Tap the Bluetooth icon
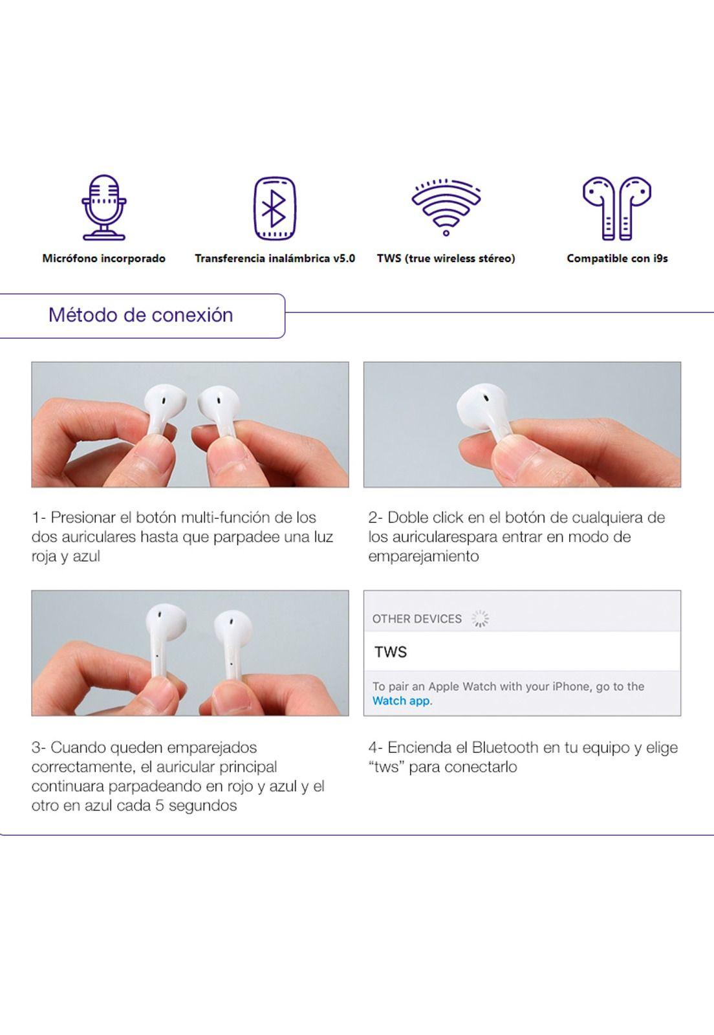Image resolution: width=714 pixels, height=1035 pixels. (x=274, y=208)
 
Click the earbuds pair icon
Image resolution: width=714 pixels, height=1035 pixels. (x=616, y=208)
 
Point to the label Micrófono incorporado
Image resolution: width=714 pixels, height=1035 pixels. (x=103, y=258)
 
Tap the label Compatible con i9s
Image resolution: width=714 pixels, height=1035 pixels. (x=617, y=258)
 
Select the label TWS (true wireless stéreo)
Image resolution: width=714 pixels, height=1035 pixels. (x=446, y=258)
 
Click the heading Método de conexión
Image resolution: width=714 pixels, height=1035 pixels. (x=140, y=315)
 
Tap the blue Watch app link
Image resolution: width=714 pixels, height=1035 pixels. (x=401, y=701)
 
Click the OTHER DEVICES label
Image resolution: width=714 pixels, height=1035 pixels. (x=416, y=619)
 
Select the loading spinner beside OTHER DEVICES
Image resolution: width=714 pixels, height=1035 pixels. (x=481, y=619)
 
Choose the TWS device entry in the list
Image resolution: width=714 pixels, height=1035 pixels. (x=391, y=651)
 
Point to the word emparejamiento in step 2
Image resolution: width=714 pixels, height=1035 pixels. (x=424, y=556)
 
